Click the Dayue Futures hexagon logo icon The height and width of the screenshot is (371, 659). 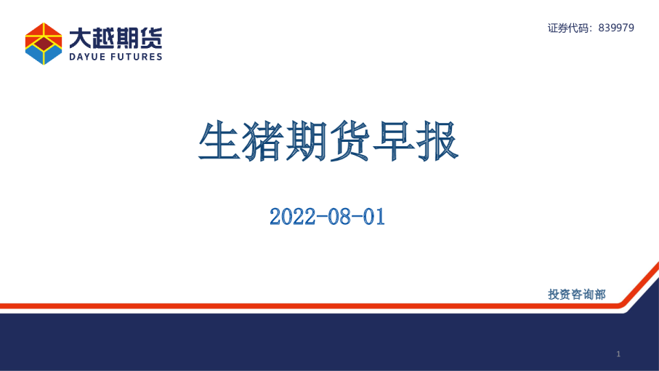click(44, 44)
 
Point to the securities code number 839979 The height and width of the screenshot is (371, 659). click(616, 28)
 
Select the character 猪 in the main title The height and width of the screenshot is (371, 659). click(263, 141)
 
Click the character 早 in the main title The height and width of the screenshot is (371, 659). click(394, 141)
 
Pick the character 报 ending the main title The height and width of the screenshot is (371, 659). click(437, 141)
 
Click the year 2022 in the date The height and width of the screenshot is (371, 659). click(293, 217)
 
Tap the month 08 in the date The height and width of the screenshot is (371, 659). click(339, 217)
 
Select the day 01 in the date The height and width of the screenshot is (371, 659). click(374, 217)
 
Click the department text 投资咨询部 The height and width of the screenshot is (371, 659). click(577, 295)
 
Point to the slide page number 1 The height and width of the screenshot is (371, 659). click(618, 354)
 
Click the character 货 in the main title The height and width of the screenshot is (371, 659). click(350, 141)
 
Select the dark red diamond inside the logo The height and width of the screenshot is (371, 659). click(44, 44)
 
